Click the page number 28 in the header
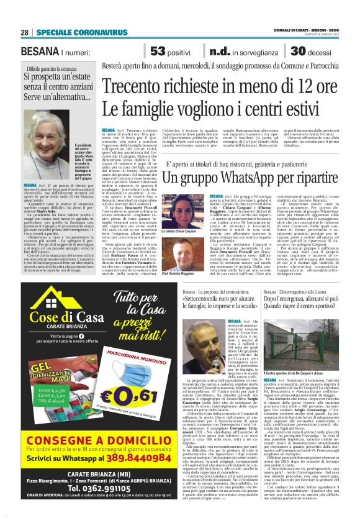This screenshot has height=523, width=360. pos(24,32)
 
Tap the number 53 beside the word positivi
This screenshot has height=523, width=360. pos(158,52)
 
